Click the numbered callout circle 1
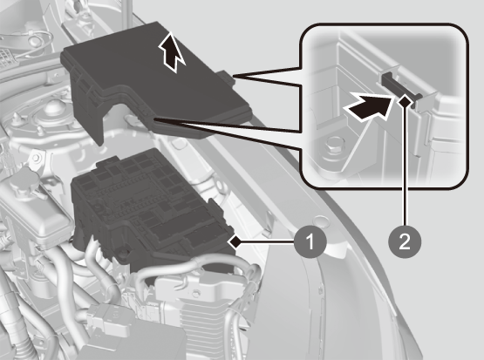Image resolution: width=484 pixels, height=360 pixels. point(310,241)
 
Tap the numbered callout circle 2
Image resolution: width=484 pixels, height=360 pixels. point(405,241)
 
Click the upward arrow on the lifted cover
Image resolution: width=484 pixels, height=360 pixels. point(172,52)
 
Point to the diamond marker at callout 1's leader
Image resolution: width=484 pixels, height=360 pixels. point(235,241)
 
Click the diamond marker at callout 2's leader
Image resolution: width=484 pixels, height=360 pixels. point(405,101)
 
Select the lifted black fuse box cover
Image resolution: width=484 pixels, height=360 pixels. point(154,84)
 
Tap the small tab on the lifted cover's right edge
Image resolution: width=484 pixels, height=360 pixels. point(228,78)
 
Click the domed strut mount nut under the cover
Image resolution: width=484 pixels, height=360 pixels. point(52,109)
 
